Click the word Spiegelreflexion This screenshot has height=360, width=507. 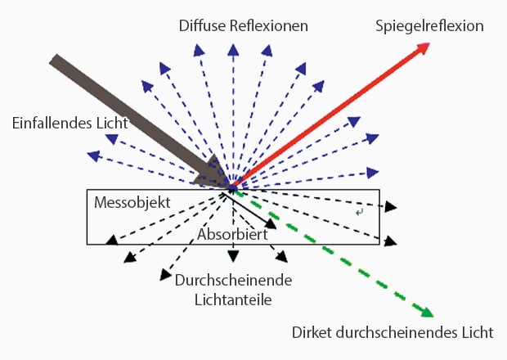pyautogui.click(x=429, y=26)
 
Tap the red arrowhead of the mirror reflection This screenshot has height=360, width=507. pyautogui.click(x=421, y=50)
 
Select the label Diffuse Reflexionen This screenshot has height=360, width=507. pyautogui.click(x=243, y=26)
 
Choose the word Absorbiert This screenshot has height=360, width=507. pyautogui.click(x=232, y=234)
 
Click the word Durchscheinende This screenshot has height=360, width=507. pyautogui.click(x=234, y=281)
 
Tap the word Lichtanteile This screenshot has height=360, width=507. pyautogui.click(x=234, y=299)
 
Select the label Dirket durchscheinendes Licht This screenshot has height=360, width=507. pyautogui.click(x=393, y=333)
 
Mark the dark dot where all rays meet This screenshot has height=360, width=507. pyautogui.click(x=232, y=189)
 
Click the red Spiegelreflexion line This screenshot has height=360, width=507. pyautogui.click(x=327, y=119)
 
